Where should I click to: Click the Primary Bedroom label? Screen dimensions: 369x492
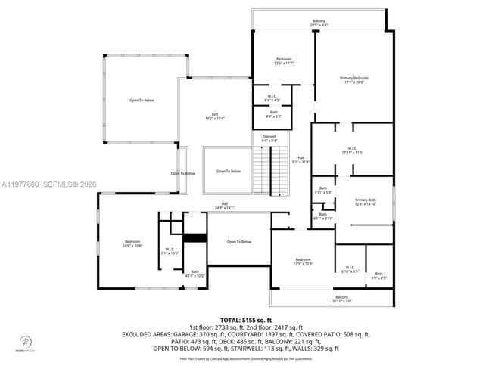354,79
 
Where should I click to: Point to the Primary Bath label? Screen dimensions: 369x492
366,201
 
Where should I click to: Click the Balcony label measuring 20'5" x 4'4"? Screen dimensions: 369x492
319,23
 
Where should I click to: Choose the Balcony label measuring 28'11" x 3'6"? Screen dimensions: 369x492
342,299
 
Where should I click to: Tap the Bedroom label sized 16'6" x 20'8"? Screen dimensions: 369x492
132,243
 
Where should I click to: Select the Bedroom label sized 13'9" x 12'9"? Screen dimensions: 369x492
303,262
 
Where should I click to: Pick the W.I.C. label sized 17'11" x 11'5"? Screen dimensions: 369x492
352,150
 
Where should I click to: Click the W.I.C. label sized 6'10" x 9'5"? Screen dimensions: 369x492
350,268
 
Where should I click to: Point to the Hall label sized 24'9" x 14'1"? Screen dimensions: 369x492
225,205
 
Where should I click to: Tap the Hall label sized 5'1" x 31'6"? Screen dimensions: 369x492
300,160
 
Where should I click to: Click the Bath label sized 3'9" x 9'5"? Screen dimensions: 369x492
378,275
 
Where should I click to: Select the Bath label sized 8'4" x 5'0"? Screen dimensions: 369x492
274,114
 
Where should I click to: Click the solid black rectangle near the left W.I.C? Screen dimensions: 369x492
195,237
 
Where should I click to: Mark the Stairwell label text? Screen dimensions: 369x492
269,138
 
